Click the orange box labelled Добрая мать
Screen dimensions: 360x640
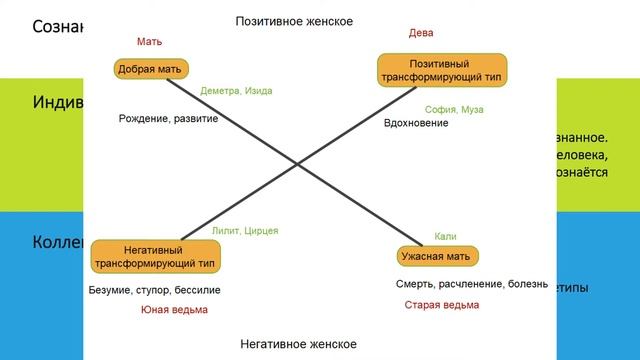[149, 69]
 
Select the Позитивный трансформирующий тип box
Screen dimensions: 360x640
[442, 70]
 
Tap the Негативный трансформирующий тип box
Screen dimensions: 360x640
[156, 256]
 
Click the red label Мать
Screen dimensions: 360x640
[149, 41]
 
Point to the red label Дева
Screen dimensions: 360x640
[421, 33]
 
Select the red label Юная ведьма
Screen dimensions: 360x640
[175, 310]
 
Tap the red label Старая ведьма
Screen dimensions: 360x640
[441, 305]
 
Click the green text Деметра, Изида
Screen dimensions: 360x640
[236, 91]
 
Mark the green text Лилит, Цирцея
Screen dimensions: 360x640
[245, 231]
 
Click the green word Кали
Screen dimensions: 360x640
[446, 236]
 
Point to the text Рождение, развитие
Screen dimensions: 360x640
[168, 119]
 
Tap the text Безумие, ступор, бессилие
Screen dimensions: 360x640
[155, 290]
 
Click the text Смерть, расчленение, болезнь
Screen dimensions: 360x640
[471, 284]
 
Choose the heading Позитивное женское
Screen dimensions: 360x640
[294, 20]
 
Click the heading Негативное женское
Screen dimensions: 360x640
[298, 344]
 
